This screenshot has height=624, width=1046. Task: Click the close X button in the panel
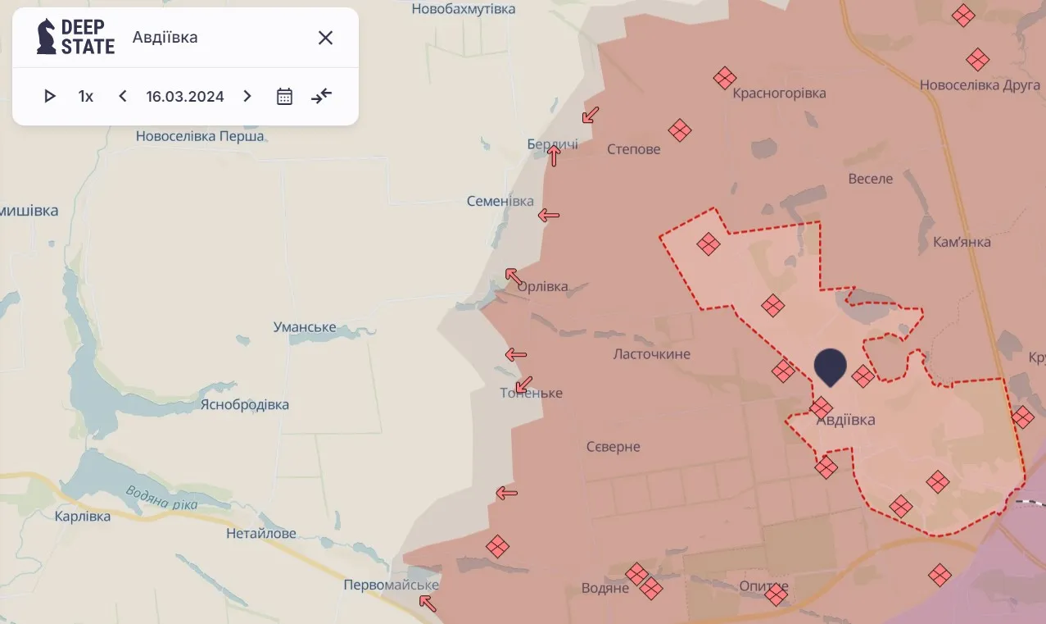[x=325, y=38]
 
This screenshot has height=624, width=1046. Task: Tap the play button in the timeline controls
[x=49, y=96]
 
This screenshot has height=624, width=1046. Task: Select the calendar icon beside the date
[x=284, y=96]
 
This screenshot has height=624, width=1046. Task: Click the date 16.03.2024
[x=185, y=96]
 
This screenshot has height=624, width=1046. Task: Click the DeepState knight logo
[x=47, y=37]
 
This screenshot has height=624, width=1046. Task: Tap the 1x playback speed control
[x=86, y=96]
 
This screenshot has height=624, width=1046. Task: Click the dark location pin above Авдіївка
[x=830, y=366]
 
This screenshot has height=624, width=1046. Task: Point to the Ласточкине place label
[x=652, y=354]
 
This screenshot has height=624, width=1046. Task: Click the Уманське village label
[x=305, y=327]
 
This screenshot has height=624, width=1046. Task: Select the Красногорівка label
[x=779, y=93]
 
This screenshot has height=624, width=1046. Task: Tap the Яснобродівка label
[x=245, y=404]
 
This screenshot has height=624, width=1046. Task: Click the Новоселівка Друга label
[x=980, y=85]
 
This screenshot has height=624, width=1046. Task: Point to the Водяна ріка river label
[x=161, y=498]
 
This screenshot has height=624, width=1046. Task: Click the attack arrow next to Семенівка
[x=548, y=216]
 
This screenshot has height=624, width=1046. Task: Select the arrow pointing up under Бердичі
[x=555, y=156]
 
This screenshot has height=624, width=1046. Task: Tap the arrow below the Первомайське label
[x=427, y=604]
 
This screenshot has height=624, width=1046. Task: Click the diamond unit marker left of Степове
[x=680, y=130]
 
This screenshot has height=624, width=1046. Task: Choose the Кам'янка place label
[x=962, y=242]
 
